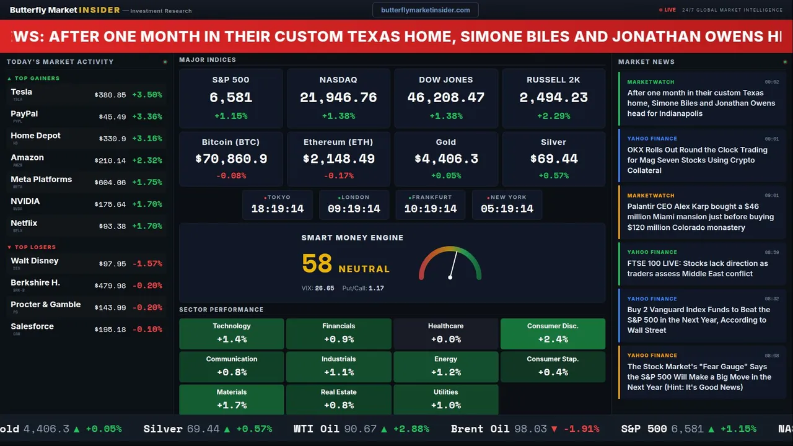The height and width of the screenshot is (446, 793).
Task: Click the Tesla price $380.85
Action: pos(110,95)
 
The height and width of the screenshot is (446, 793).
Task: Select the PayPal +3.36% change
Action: pos(147,117)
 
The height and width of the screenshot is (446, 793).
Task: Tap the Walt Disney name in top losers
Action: pos(35,261)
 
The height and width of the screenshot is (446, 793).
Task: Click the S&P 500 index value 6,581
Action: pos(230,97)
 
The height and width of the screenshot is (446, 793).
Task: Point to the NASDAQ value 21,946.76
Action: pos(338,97)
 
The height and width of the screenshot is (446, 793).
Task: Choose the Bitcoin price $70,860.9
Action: pos(231,159)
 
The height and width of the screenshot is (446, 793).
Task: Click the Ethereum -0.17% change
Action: pos(338,176)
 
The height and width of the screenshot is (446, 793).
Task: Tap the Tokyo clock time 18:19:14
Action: pos(278,209)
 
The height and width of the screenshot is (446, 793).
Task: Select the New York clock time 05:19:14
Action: pos(507,209)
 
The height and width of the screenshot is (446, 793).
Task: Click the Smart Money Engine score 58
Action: pos(317,264)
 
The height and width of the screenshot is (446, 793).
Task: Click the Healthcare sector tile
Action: pos(445,333)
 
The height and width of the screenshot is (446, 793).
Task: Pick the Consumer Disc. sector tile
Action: pos(553,333)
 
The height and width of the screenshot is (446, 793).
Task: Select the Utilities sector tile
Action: pos(445,400)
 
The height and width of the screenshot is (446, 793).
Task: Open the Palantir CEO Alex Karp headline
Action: pos(700,217)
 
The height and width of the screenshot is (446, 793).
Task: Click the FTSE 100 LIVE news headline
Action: pos(697,268)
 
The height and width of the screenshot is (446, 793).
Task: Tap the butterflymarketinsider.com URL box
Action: pos(425,10)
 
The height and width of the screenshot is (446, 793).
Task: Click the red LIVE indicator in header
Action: pos(668,10)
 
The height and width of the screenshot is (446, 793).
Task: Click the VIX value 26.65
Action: pos(325,288)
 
